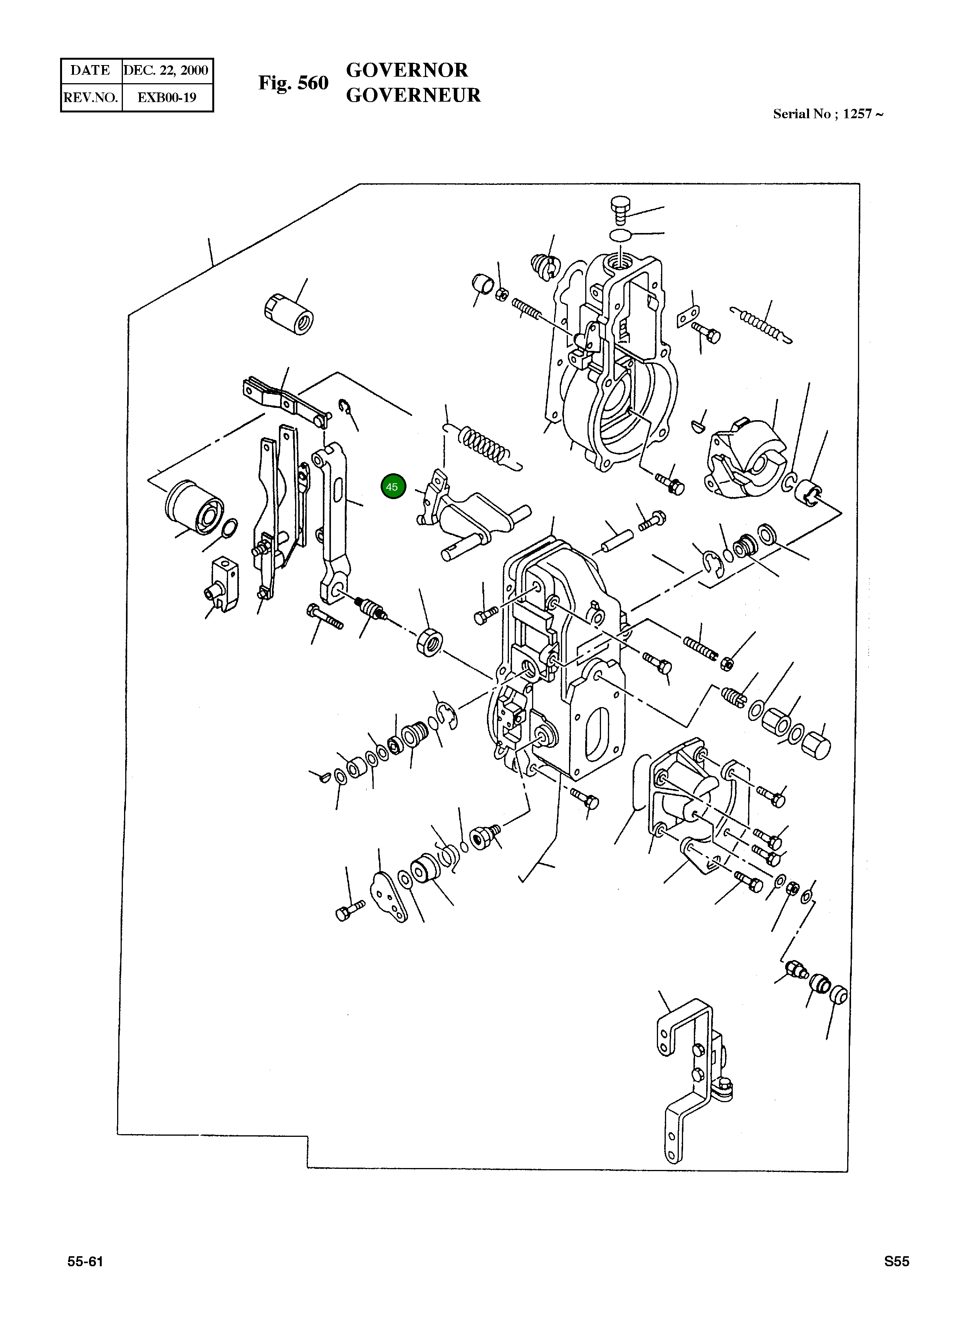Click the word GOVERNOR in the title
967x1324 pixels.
(407, 70)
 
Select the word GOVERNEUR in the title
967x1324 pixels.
(413, 95)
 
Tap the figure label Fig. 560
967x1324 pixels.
(293, 83)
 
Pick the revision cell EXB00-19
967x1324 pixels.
(167, 97)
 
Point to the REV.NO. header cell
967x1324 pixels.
(91, 97)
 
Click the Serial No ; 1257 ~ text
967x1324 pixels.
(828, 114)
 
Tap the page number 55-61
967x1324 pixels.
(86, 1261)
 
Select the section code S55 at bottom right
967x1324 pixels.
(897, 1261)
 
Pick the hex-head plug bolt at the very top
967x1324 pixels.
(620, 208)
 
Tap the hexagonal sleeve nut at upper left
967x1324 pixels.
(289, 313)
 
